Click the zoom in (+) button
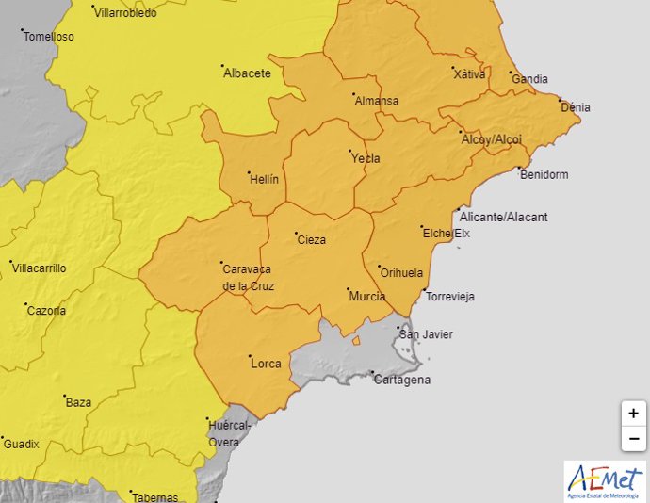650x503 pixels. [633, 414]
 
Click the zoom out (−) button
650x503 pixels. [633, 438]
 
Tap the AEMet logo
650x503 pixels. [605, 480]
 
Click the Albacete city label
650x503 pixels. [247, 73]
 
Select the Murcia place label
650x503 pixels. [366, 297]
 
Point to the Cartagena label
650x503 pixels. [401, 380]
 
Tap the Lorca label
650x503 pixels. [266, 364]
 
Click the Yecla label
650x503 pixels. [366, 158]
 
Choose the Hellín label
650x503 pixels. [264, 179]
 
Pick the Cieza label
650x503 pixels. [311, 240]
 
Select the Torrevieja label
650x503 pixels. [450, 297]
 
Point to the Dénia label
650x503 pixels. [576, 107]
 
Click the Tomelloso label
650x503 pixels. [49, 37]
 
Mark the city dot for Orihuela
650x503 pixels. [378, 267]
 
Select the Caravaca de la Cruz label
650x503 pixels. [248, 277]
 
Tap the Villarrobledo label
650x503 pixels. [126, 13]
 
